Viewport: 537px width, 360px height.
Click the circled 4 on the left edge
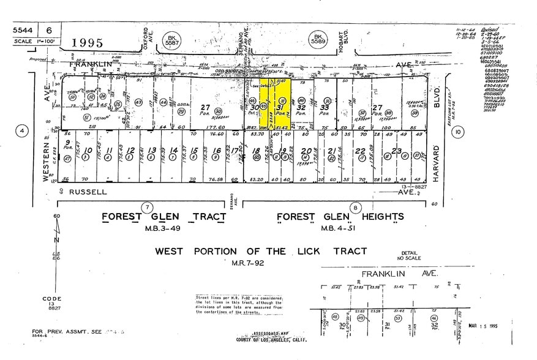23,130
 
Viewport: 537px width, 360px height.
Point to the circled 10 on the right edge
459,131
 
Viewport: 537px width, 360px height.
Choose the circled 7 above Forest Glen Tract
146,207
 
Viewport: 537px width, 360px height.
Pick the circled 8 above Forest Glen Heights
354,208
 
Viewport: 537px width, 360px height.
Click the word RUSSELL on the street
88,191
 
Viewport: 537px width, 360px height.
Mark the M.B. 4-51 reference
340,228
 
